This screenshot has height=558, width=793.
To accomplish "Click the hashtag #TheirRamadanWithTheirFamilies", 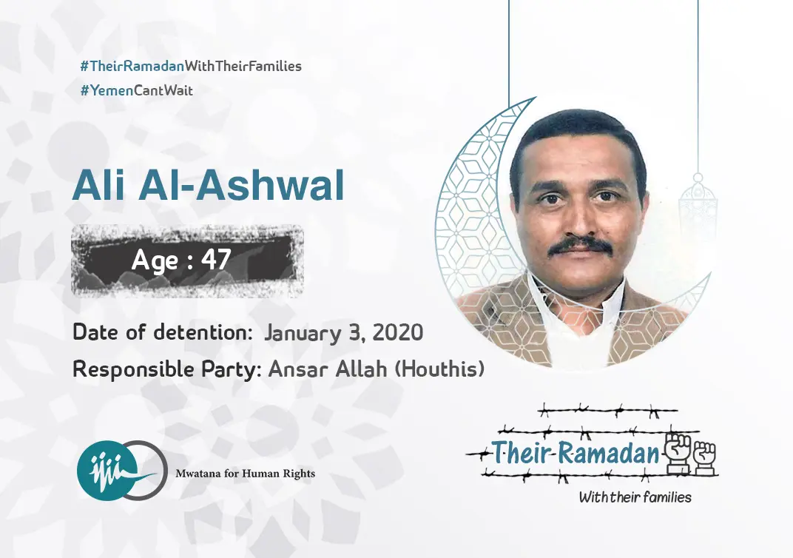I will click(191, 66).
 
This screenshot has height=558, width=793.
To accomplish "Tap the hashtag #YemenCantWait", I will click(136, 90).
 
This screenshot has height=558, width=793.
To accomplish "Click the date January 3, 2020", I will click(343, 332).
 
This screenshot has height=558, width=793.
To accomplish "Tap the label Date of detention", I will click(162, 332).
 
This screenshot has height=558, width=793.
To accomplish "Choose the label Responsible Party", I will click(166, 369).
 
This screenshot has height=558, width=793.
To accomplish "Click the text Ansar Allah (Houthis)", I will click(376, 369).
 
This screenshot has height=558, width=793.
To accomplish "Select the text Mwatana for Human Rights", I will click(245, 473).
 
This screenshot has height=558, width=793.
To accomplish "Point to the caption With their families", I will click(635, 497).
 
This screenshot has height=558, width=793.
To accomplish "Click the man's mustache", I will click(581, 245).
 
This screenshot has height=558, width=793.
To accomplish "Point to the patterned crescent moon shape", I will click(462, 222).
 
